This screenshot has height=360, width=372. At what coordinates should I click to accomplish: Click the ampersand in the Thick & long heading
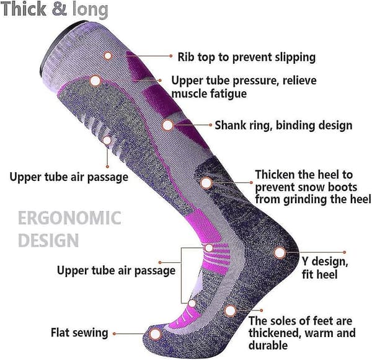[x=60, y=9]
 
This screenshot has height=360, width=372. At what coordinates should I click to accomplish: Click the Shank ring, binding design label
[x=283, y=125]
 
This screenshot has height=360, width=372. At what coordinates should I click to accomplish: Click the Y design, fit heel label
[x=325, y=268]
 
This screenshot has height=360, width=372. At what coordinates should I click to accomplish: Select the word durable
[x=268, y=345]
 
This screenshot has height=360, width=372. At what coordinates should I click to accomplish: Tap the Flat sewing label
[x=79, y=333]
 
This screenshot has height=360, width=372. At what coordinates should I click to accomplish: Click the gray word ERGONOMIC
[x=69, y=218]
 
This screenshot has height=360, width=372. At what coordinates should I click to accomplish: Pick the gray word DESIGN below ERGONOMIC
[x=48, y=240]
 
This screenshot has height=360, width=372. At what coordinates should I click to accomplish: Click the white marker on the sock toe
[x=156, y=334]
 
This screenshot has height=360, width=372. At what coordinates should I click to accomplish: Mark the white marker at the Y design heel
[x=280, y=253]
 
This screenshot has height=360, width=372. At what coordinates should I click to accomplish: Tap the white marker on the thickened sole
[x=231, y=310]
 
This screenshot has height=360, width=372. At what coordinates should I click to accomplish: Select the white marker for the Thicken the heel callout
[x=206, y=183]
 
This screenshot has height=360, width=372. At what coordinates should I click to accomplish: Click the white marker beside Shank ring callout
[x=168, y=125]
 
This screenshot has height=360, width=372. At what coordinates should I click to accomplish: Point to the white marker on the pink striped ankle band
[x=209, y=248]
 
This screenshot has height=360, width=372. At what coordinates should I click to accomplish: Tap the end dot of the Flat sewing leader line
[x=114, y=334]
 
